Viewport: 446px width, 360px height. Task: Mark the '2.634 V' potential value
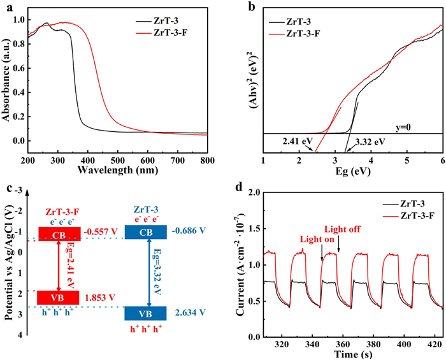pos(183,312)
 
